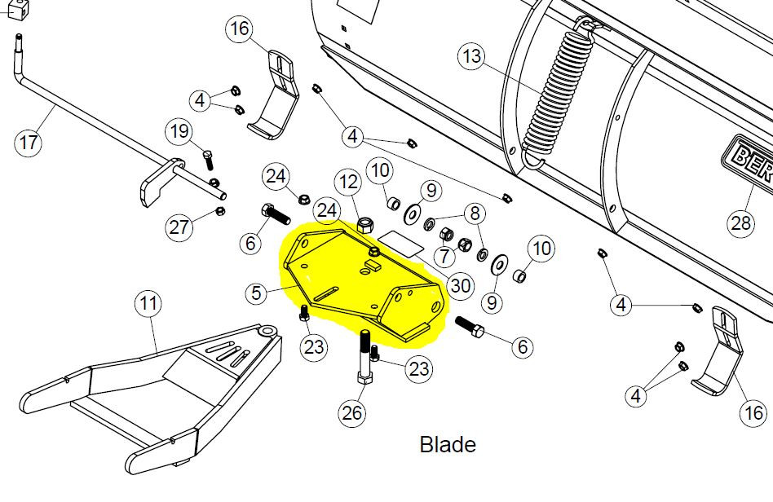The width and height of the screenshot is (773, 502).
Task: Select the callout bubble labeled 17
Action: point(29,143)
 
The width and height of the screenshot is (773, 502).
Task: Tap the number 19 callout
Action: point(180,130)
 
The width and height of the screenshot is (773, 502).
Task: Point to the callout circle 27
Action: point(180,227)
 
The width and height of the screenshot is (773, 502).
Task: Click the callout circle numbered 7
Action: point(443,257)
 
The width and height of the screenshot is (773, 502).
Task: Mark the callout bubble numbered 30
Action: point(461,285)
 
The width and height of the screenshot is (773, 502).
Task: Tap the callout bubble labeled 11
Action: point(148,305)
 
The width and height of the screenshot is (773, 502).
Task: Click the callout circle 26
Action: point(351,413)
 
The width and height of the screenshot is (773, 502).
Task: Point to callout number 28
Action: point(741,222)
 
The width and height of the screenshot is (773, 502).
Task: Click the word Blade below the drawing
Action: point(447,445)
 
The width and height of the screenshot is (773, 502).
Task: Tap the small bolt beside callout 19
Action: point(207,159)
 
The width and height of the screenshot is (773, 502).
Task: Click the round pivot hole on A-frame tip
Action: point(266,331)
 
